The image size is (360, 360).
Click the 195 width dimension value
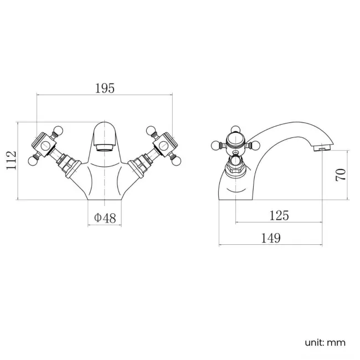(105, 88)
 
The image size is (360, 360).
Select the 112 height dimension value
(11, 161)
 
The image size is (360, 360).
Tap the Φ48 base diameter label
(105, 218)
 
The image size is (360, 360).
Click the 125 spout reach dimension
(279, 215)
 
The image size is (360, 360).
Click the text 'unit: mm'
(324, 342)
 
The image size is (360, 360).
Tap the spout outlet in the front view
(105, 147)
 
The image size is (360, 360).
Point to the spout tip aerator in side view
(320, 148)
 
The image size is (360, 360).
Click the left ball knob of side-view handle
(216, 146)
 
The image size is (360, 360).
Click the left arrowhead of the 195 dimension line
(39, 95)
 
